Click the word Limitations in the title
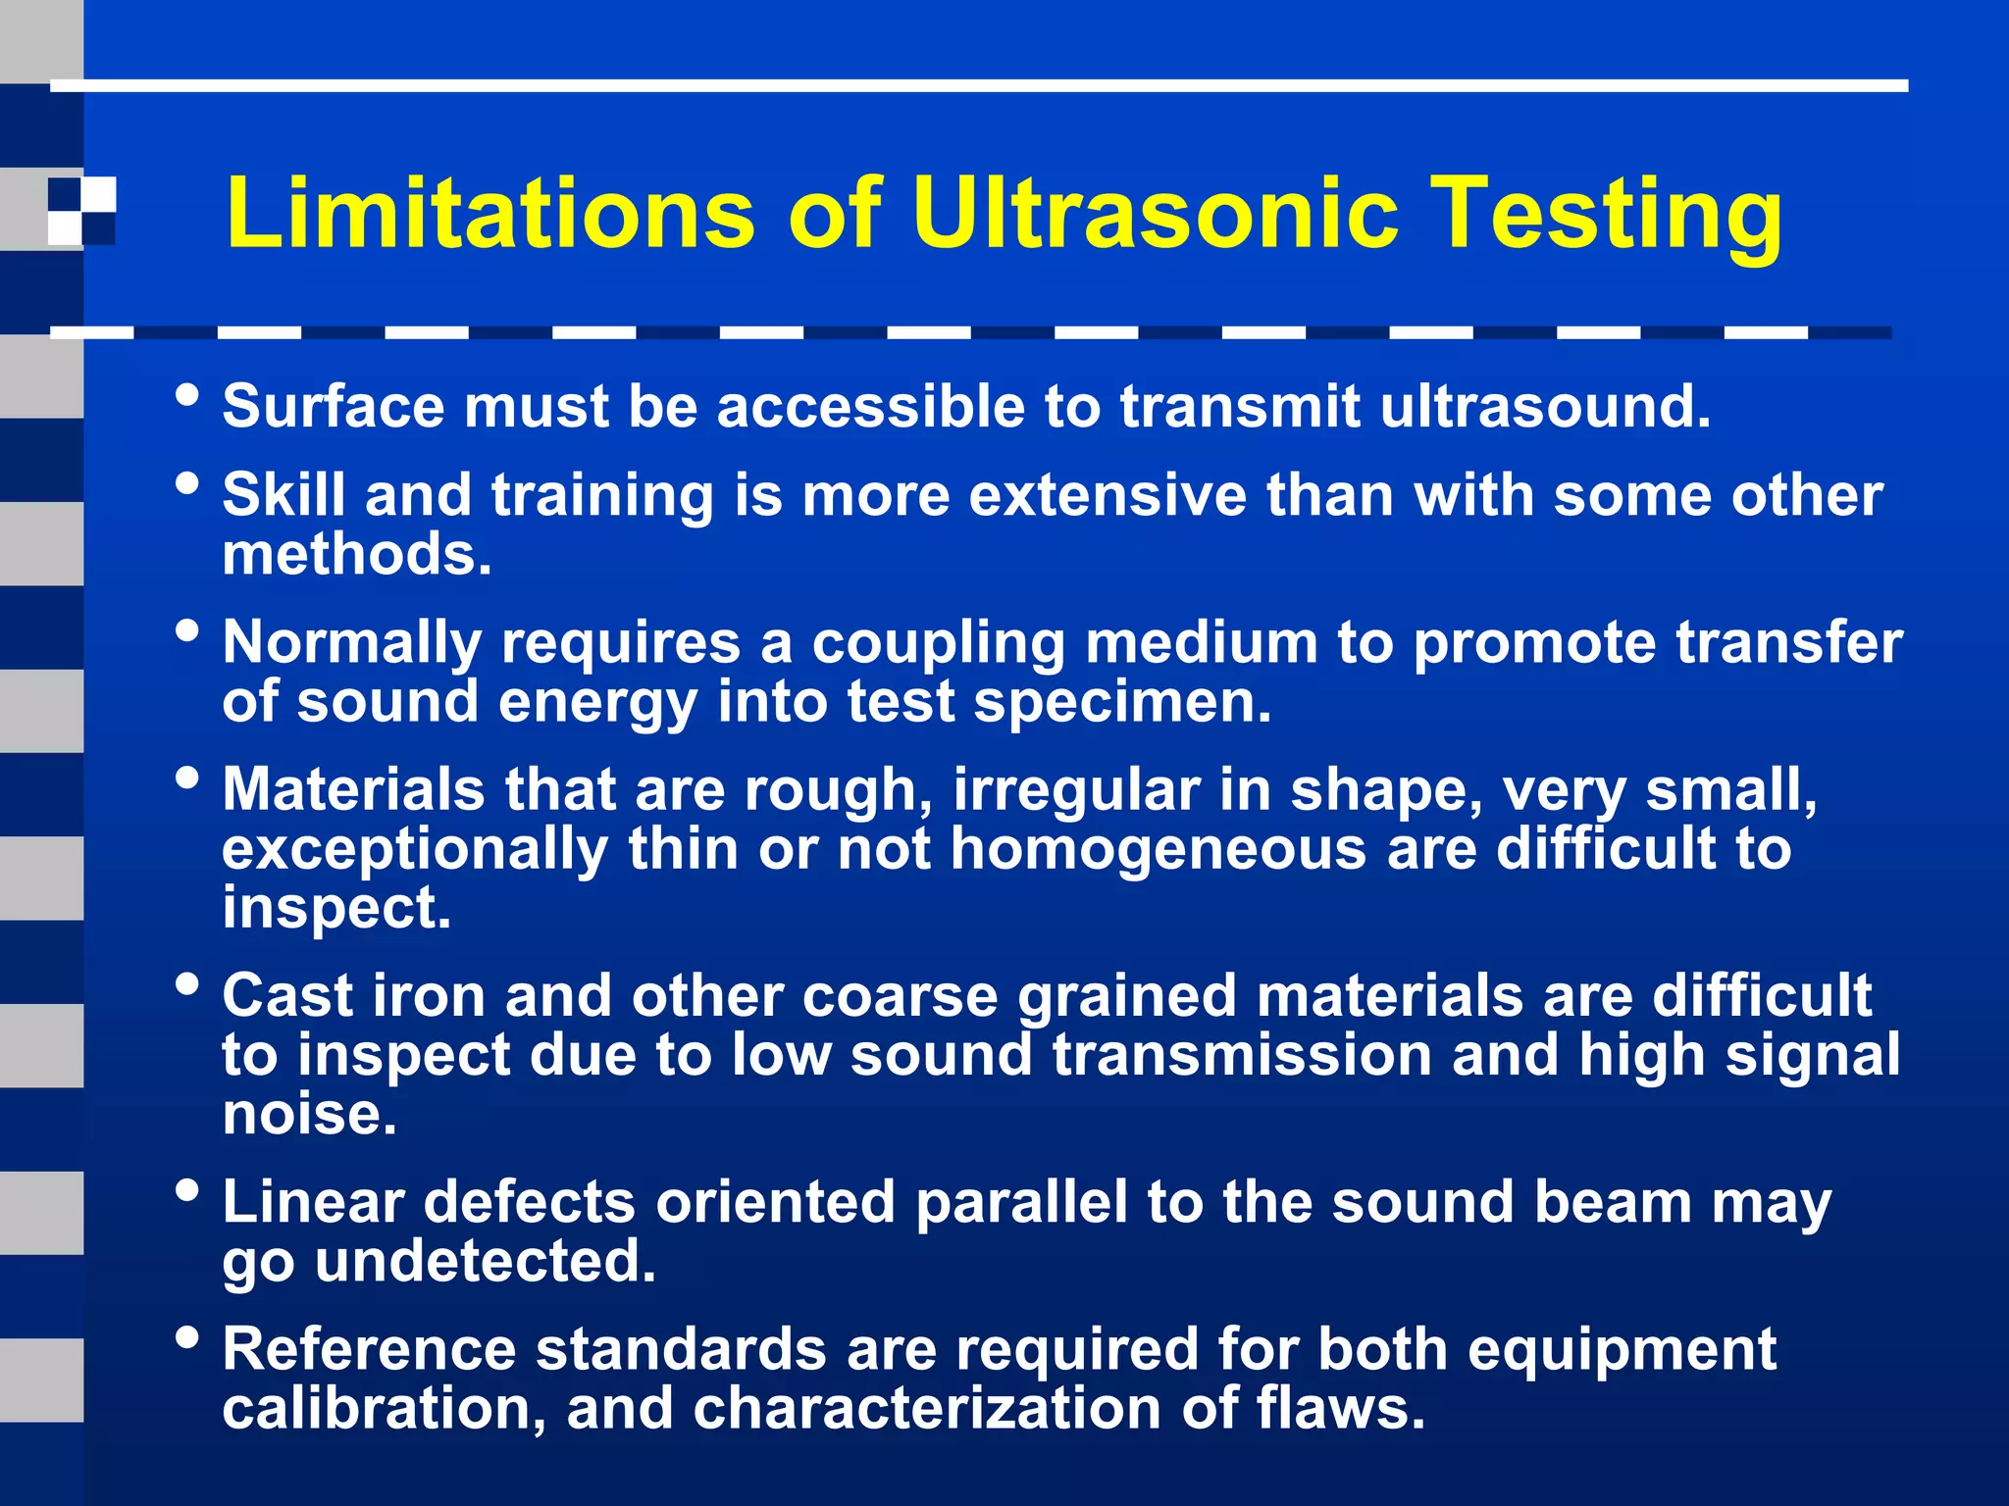pos(490,213)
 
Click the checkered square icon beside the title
pos(81,211)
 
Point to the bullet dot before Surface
pos(186,396)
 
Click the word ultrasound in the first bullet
pos(1545,406)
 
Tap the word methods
pos(356,555)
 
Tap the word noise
pos(309,1115)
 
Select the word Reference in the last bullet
pos(369,1349)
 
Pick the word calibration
pos(384,1409)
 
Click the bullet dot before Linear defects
pos(186,1191)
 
